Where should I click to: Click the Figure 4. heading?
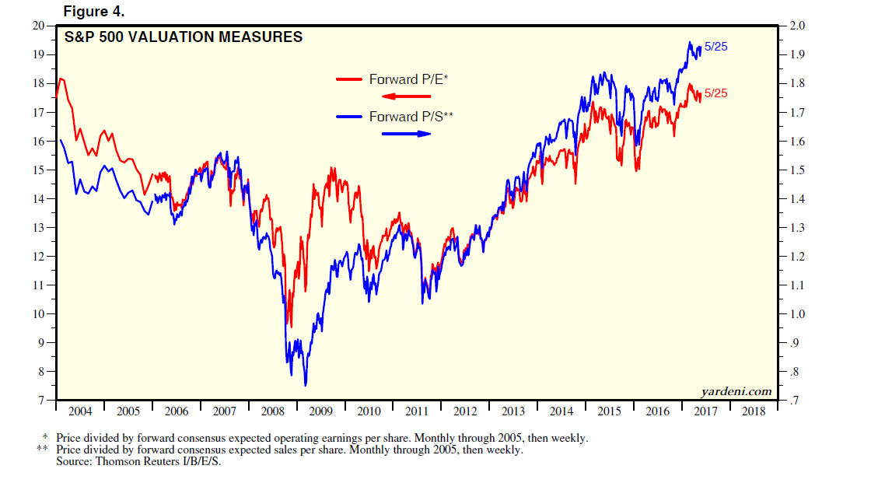(x=93, y=12)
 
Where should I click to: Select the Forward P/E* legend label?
(x=409, y=79)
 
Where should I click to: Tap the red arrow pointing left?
(x=405, y=96)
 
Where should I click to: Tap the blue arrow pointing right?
(x=405, y=134)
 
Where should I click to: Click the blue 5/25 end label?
(x=715, y=47)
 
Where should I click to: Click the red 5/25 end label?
(x=715, y=93)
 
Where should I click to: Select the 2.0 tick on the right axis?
(x=799, y=26)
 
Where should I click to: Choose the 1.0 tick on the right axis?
(x=799, y=314)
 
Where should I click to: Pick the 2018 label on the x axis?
(x=754, y=410)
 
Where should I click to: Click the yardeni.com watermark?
(x=735, y=390)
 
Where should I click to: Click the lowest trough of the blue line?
(x=305, y=385)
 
